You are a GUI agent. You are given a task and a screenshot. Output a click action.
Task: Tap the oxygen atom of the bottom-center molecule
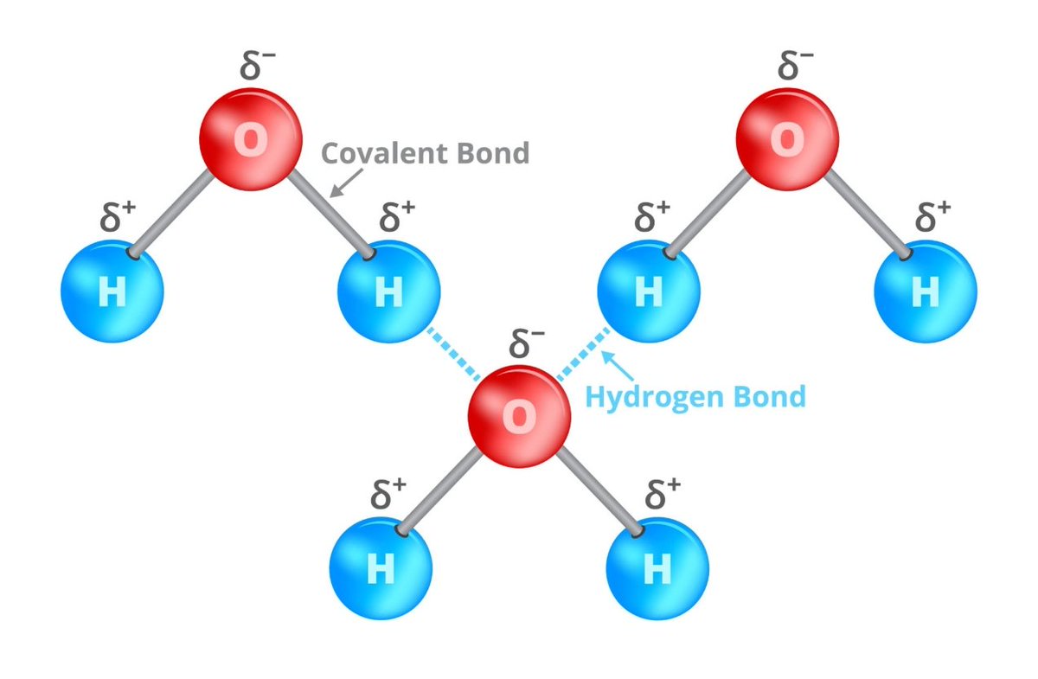[x=519, y=416]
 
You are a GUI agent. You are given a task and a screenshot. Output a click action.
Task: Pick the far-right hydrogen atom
[x=926, y=292]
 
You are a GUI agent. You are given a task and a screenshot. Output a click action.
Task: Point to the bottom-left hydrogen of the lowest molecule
[x=381, y=568]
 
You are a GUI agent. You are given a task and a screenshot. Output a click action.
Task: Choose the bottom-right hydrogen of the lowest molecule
[x=657, y=568]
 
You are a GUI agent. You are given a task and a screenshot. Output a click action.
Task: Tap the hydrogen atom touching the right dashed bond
[x=649, y=292]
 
